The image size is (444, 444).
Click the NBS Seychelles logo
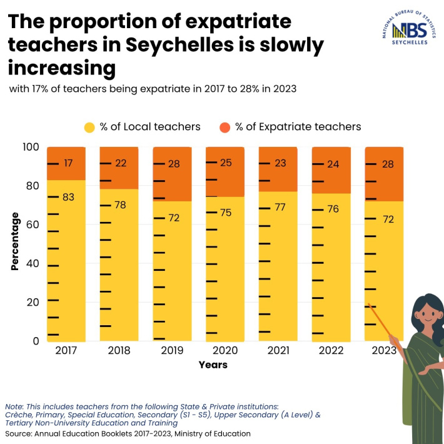point(410,30)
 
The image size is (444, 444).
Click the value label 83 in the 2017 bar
point(69,197)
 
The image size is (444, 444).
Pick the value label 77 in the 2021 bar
point(280,207)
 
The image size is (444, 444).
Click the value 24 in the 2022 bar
point(333,164)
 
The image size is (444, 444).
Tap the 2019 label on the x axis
point(173,350)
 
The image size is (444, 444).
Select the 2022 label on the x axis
point(331,350)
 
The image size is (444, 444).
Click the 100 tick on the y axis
point(31,148)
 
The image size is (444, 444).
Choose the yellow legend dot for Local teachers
point(90,127)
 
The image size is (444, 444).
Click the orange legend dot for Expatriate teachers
point(225,127)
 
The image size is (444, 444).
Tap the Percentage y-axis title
point(15,241)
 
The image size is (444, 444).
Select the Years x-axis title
point(213,365)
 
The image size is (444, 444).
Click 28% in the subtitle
point(247,89)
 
